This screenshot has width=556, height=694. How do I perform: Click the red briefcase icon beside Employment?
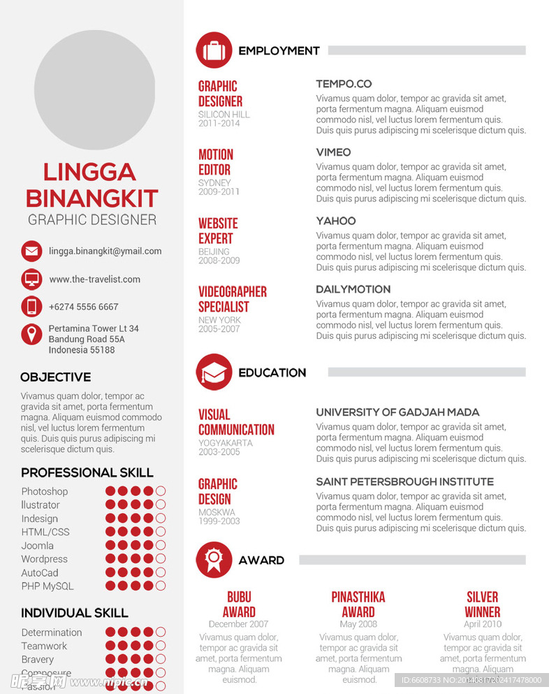214,50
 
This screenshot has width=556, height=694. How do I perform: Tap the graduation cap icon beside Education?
214,373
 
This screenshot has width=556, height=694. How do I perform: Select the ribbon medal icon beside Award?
214,560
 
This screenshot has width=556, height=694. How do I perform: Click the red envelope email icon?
31,251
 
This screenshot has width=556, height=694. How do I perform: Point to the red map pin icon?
31,334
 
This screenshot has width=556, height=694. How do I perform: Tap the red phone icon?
31,306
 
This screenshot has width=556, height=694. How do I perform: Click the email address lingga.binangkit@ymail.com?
105,251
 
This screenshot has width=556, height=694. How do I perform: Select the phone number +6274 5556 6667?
83,307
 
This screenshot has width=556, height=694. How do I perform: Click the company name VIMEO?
333,152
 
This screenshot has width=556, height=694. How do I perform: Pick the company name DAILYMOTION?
353,289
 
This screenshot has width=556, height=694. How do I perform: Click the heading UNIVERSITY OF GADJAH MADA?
397,412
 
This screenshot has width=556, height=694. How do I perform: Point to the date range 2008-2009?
219,261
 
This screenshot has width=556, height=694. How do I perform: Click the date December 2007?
238,624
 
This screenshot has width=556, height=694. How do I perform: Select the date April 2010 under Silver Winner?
483,624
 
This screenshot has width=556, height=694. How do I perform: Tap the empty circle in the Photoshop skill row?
161,491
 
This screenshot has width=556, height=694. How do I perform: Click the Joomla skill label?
37,546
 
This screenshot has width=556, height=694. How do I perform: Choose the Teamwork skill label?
44,646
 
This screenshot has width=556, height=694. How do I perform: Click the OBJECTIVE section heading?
55,377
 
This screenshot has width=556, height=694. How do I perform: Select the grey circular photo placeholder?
94,89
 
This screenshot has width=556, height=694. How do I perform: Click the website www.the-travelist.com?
94,280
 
